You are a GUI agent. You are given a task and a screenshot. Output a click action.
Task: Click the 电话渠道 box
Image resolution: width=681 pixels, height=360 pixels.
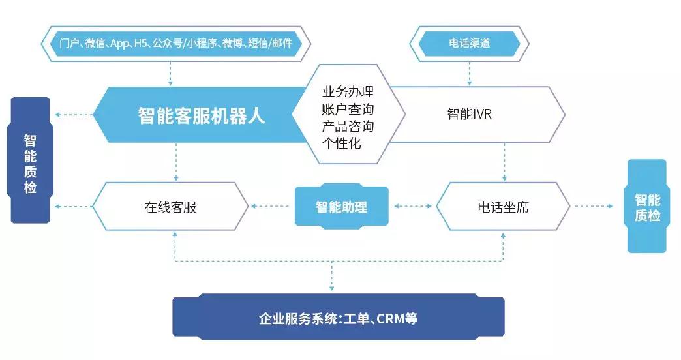pos(469,44)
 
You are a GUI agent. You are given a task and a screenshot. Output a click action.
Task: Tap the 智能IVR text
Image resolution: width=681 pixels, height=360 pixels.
pos(469,114)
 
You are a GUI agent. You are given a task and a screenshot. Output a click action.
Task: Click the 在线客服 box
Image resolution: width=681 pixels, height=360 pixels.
pos(170,207)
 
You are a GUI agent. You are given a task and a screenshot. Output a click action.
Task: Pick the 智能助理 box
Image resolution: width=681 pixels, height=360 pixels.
pos(341,207)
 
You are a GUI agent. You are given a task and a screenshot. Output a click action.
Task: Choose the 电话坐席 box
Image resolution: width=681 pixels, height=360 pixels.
pos(503,207)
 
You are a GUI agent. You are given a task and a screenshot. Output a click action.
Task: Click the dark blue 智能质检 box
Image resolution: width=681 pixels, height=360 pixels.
pos(30,160)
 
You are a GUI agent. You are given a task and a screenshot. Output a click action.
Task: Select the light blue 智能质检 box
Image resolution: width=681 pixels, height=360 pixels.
pos(647,206)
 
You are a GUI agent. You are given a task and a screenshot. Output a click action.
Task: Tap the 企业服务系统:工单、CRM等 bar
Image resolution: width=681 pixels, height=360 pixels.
pos(338,320)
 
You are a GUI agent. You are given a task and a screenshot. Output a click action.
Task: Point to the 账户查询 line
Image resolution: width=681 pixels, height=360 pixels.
pos(348,108)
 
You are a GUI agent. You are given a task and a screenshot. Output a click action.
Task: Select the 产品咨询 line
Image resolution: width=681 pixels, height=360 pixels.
pos(348,125)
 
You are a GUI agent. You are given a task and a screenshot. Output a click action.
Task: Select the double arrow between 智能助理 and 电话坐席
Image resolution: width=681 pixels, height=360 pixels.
pos(412,207)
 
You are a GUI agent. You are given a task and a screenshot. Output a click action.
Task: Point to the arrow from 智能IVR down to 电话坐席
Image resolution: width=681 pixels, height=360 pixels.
pos(504,162)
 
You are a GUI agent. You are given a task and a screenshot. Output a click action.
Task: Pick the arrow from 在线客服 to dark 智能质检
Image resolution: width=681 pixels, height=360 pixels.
pos(72,207)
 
